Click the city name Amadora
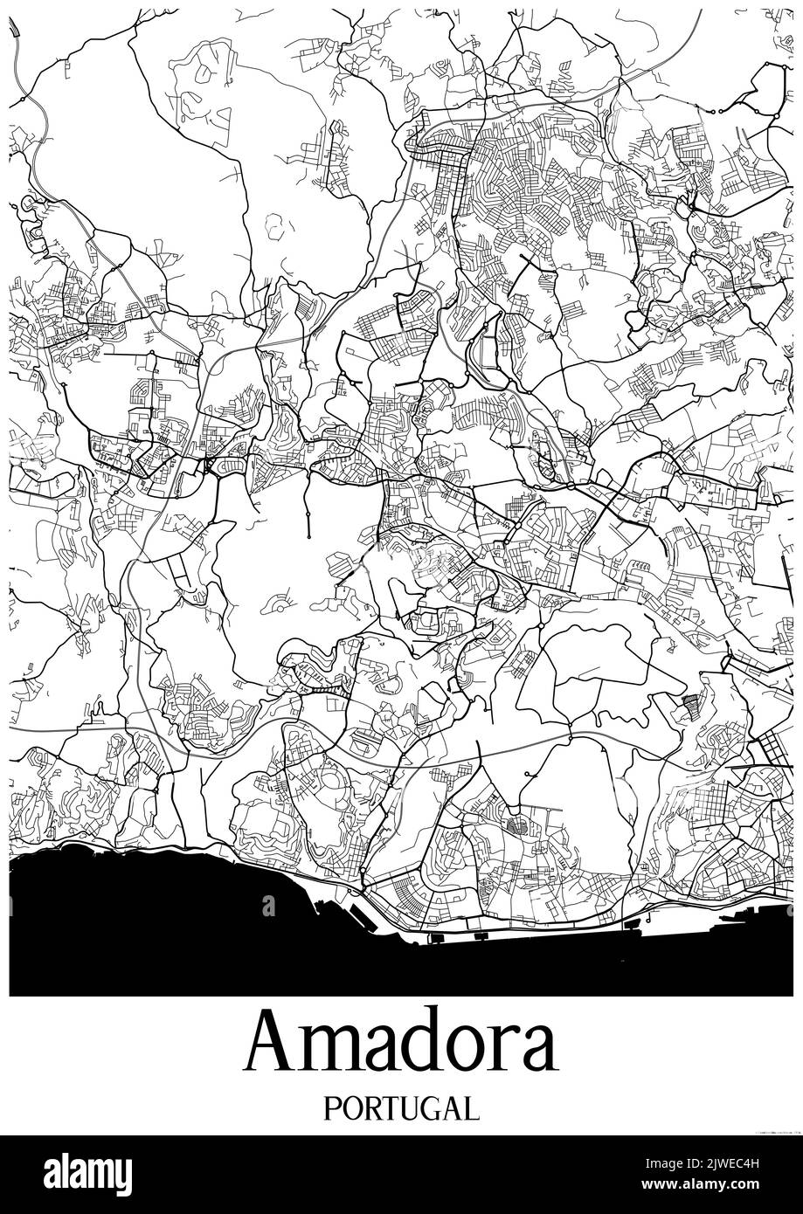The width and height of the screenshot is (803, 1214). (401, 1045)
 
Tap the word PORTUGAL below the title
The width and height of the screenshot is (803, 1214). (401, 1108)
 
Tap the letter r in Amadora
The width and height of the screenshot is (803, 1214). (507, 1051)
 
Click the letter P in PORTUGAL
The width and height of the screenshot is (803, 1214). (332, 1108)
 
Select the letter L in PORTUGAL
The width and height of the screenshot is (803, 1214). (472, 1108)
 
